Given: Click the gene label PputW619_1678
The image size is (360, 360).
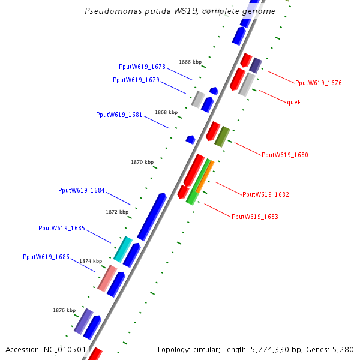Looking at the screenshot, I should tap(142, 67).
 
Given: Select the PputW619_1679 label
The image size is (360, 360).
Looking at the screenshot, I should tap(136, 80).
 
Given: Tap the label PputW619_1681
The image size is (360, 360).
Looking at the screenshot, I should tap(119, 115).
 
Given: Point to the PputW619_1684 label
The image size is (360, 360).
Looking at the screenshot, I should tap(82, 190).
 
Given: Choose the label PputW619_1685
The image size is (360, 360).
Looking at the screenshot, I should tap(62, 228).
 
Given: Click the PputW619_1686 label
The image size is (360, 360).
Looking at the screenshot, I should tap(46, 257).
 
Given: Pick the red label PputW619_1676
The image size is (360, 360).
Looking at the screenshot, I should tap(319, 83).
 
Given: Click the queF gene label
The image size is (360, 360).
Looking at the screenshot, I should tap(293, 102).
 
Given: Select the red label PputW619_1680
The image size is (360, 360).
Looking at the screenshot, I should tap(285, 155).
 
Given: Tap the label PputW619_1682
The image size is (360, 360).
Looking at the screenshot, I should tap(266, 194).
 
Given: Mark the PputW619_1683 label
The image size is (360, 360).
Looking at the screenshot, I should tap(255, 217).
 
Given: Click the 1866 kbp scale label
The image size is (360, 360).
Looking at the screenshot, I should tap(190, 62).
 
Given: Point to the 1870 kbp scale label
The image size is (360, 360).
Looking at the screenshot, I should tap(142, 162).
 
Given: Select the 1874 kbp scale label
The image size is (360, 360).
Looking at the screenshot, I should tap(91, 261).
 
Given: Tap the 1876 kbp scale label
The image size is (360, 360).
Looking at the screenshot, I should tap(64, 310).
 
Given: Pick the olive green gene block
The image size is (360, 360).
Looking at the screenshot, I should tap(222, 137).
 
